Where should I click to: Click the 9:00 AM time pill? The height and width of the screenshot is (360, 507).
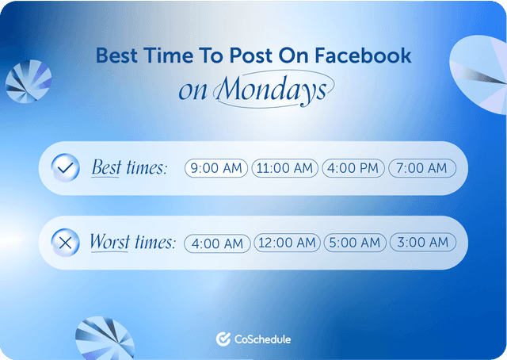tap(217, 168)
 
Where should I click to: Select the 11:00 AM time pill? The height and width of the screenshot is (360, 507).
tap(285, 168)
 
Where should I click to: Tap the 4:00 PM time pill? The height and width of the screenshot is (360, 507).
tap(353, 168)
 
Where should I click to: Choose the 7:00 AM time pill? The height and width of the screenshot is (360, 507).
tap(422, 168)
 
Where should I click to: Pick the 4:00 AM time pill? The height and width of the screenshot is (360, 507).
tap(217, 243)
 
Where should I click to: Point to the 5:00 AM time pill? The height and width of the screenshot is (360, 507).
tap(354, 243)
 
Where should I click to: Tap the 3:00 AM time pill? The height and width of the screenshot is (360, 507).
tap(422, 243)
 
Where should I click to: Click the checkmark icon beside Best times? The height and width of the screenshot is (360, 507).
tap(65, 167)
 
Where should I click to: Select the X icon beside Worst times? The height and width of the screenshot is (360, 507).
tap(65, 243)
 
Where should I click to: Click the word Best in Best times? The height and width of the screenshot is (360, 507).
tap(107, 167)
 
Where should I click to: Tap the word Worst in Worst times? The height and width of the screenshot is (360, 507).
tap(110, 242)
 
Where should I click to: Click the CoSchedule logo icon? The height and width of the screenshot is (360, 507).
tap(223, 339)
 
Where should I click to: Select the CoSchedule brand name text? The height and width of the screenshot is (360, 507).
tap(263, 339)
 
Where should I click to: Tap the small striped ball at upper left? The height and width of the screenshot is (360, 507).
tap(29, 82)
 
